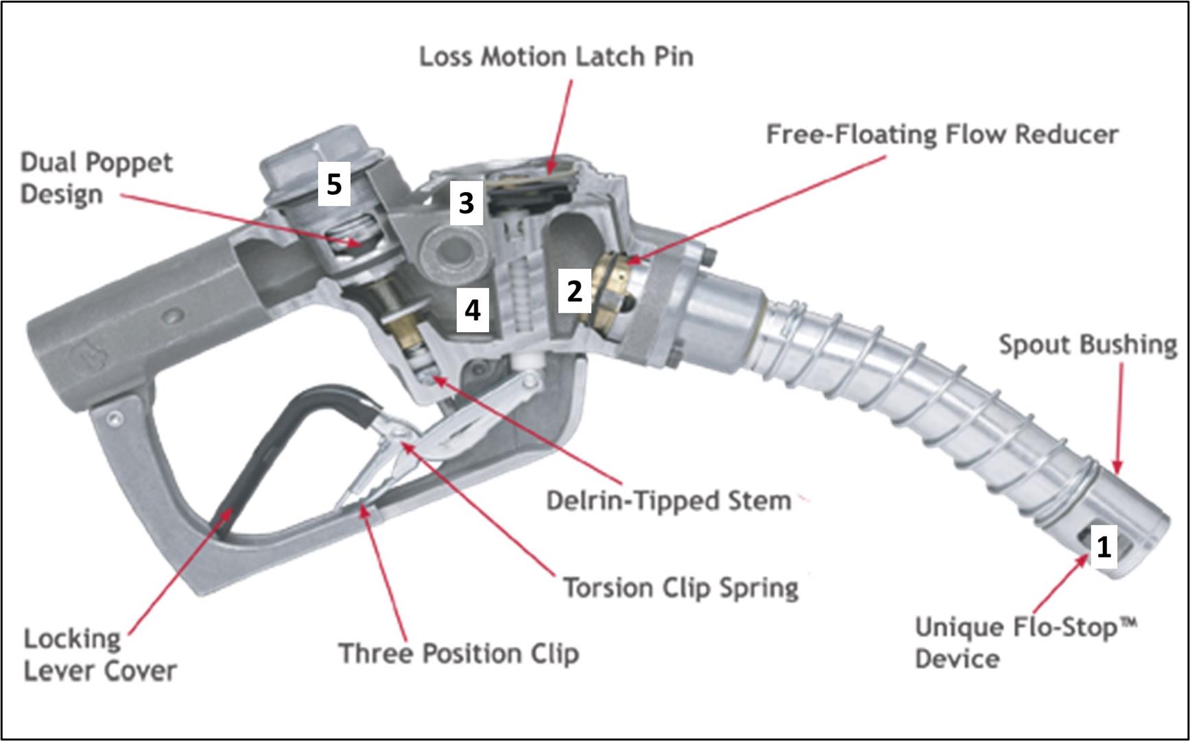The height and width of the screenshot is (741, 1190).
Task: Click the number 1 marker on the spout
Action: point(1103,547)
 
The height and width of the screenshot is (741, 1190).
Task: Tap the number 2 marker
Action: point(574,291)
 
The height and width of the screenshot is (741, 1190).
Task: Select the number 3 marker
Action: point(466,203)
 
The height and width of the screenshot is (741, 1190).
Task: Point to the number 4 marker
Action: point(473,310)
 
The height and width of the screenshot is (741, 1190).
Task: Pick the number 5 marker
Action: point(334,184)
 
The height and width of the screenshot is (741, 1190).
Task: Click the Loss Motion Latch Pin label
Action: point(556,56)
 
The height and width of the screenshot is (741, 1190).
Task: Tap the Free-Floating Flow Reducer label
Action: point(942,134)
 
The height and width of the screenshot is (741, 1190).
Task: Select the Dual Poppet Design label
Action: point(96,178)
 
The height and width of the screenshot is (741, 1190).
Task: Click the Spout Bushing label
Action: point(1088,344)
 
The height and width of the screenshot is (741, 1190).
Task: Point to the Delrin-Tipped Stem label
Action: point(669,501)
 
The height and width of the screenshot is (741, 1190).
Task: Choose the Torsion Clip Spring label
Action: point(681,588)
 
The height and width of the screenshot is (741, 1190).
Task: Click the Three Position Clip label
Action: point(459,653)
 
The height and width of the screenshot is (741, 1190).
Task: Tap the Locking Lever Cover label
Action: point(100,655)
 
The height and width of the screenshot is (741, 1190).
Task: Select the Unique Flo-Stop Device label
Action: point(1025,643)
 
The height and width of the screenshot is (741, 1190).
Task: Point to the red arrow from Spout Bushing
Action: point(1119,419)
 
